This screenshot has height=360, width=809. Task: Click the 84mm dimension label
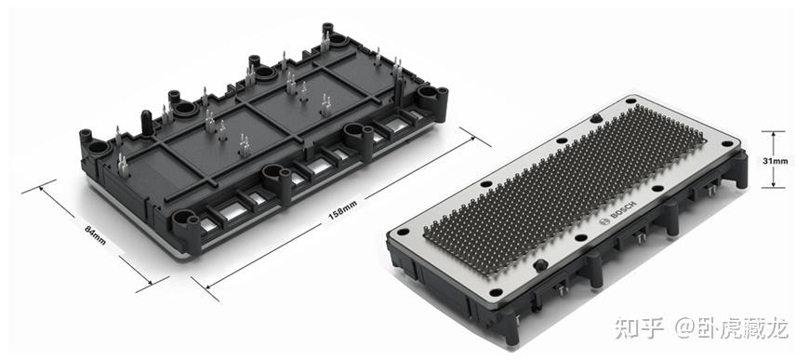pos(95,234)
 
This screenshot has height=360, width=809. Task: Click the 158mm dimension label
pos(342,210)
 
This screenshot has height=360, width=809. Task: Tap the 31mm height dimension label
pos(776,161)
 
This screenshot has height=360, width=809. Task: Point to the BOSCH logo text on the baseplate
pos(623,211)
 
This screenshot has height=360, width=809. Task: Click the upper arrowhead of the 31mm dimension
pos(773,135)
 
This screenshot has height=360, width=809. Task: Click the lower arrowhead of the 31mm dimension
pos(773,184)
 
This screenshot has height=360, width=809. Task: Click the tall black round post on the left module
pos(147,123)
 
